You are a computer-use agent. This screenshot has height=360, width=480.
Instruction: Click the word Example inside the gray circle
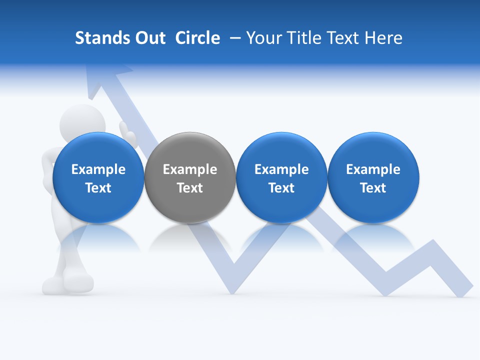click(x=190, y=169)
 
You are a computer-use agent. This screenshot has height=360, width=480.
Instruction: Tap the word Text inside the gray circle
click(x=190, y=188)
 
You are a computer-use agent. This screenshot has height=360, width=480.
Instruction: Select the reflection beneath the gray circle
click(x=190, y=237)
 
